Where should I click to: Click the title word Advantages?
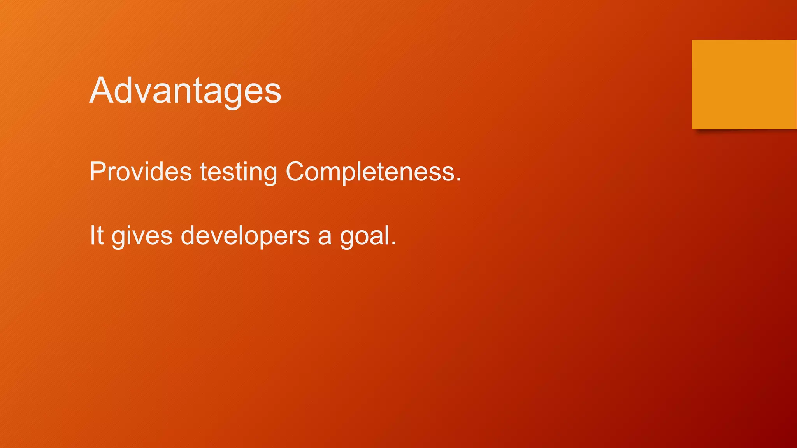pyautogui.click(x=185, y=91)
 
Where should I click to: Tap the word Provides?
pyautogui.click(x=140, y=171)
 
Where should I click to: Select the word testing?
pyautogui.click(x=238, y=172)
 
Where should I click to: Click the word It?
pyautogui.click(x=97, y=235)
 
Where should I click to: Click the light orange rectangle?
pyautogui.click(x=744, y=84)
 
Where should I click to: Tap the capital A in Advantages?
pyautogui.click(x=102, y=91)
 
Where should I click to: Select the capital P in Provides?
pyautogui.click(x=98, y=171)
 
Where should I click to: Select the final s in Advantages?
pyautogui.click(x=273, y=94)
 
